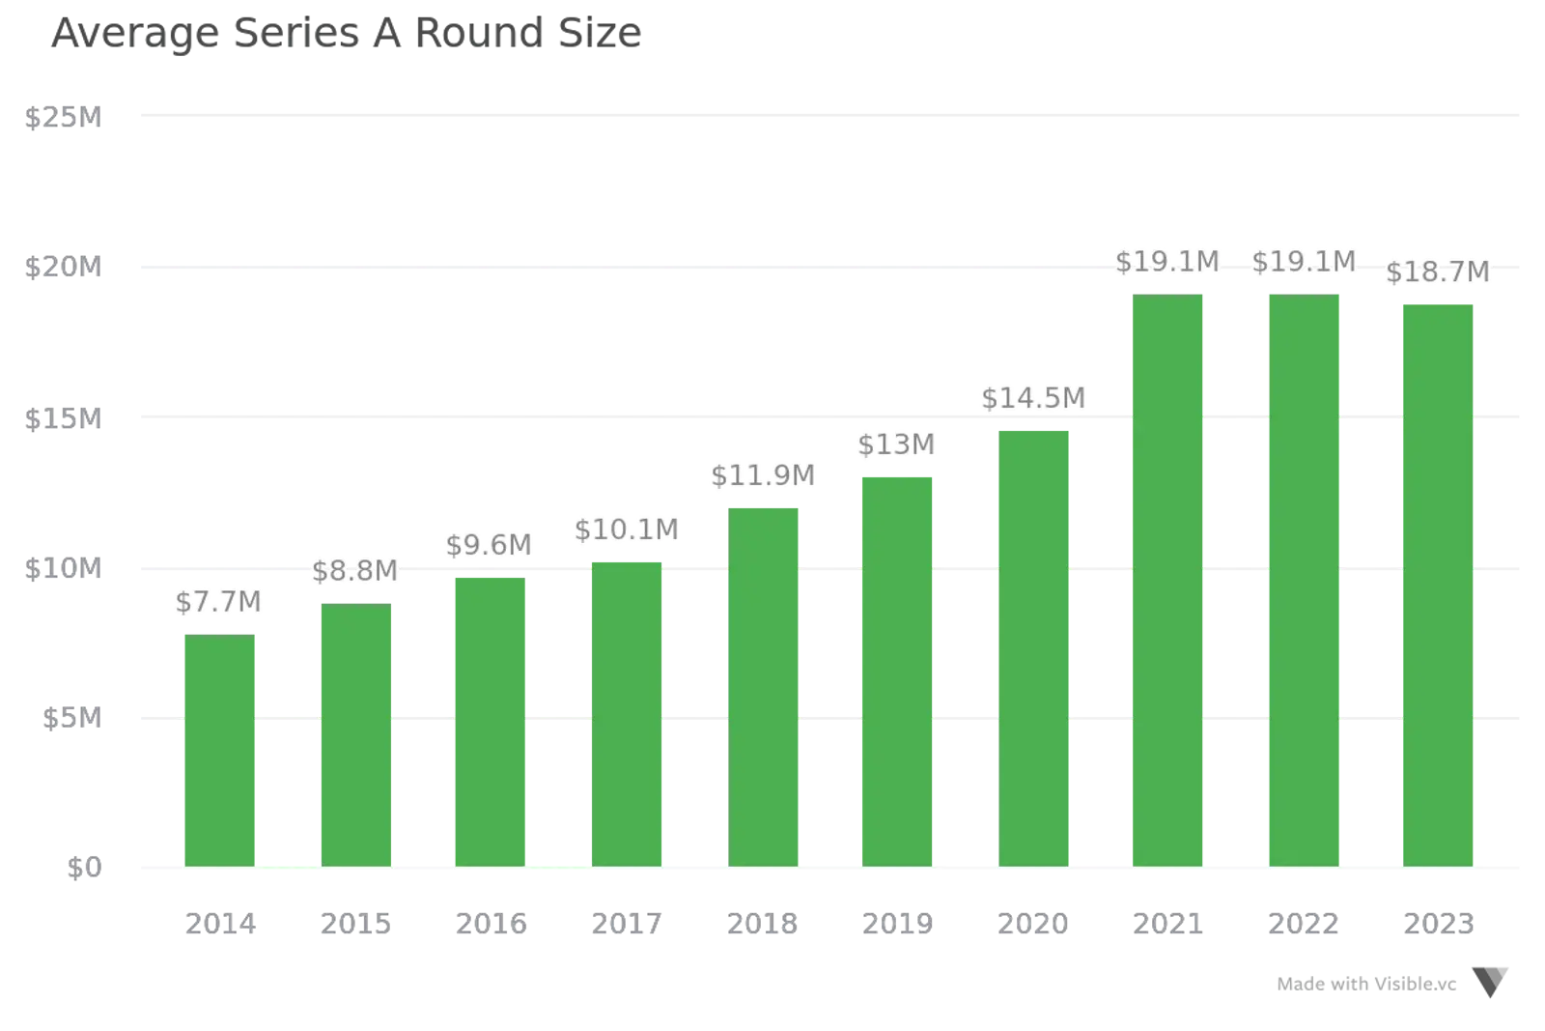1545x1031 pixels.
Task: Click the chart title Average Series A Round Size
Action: [346, 34]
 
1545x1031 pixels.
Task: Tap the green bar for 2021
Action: [1166, 580]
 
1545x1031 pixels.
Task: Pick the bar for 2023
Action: [1436, 584]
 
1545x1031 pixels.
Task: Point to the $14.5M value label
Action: [1033, 397]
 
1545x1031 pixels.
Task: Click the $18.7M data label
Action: [1437, 272]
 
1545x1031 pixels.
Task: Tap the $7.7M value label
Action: [218, 602]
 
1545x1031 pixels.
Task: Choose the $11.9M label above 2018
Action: [763, 475]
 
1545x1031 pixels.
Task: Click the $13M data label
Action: [895, 444]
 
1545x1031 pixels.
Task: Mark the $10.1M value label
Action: [626, 530]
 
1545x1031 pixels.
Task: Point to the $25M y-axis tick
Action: [62, 117]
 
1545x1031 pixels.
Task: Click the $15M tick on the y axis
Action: [62, 418]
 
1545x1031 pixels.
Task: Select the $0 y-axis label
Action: [83, 869]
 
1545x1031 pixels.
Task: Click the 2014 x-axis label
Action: [220, 924]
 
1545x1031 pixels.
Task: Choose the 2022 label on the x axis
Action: [1303, 924]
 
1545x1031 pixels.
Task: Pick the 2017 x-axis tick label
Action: [626, 924]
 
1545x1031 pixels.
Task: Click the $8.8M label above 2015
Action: [354, 570]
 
